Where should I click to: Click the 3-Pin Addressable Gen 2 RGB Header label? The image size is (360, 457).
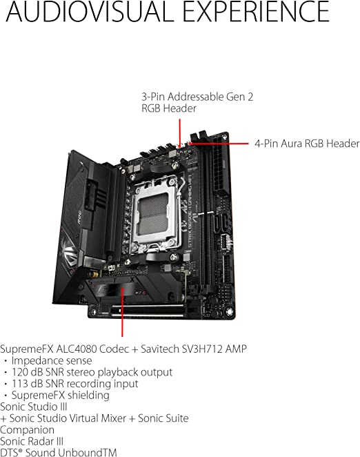coord(197,102)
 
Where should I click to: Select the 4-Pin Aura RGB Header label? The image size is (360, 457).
coord(307,144)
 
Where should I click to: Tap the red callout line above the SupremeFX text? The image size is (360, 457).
coord(122,312)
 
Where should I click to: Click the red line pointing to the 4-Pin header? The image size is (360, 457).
coord(219,144)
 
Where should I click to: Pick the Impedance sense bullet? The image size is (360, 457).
coord(48,360)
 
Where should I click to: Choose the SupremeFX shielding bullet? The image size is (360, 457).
coord(57,395)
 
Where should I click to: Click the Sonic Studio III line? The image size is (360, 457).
coord(34,407)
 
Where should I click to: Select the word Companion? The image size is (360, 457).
coord(27,430)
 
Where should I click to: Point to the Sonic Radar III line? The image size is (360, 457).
coord(32,441)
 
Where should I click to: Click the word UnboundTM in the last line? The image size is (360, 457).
coord(88,452)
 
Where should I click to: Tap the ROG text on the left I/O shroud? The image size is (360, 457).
coord(79,217)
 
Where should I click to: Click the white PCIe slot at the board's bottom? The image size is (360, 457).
coord(148,311)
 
